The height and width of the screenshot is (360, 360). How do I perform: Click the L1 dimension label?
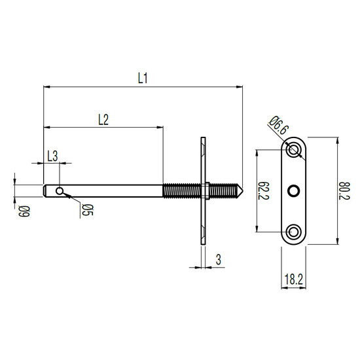tap(143, 78)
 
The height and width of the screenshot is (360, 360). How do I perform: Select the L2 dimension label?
tap(103, 120)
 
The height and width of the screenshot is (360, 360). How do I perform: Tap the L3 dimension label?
tap(52, 156)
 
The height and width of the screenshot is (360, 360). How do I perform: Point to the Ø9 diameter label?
tap(24, 211)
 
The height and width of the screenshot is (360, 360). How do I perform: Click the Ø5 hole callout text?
tap(87, 210)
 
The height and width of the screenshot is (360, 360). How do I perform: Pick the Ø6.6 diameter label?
tap(278, 126)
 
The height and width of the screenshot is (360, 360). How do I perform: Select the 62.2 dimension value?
tap(264, 190)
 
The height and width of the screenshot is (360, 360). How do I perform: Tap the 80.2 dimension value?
tap(344, 190)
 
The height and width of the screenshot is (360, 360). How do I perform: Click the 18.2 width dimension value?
tap(294, 279)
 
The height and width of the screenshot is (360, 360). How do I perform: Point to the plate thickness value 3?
tap(219, 260)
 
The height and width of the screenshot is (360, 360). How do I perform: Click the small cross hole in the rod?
tap(60, 190)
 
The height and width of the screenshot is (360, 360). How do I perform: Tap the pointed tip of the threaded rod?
tap(242, 190)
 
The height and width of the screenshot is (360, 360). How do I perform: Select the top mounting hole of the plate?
tap(294, 150)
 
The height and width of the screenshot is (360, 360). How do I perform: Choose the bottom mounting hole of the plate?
tap(294, 232)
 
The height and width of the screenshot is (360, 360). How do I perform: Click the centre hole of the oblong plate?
tap(294, 190)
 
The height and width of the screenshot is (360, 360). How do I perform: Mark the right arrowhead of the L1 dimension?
tap(240, 87)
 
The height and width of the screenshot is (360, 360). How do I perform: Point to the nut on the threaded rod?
tap(205, 190)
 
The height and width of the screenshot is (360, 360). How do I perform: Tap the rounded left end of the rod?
tap(45, 190)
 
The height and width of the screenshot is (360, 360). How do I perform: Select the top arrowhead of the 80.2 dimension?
tap(337, 141)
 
